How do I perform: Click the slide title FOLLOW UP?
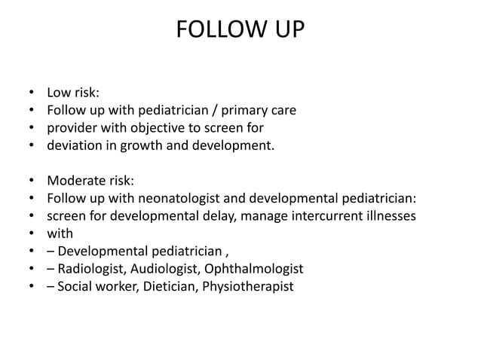click(x=240, y=31)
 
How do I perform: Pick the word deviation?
click(x=72, y=146)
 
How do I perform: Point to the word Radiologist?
click(x=91, y=268)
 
